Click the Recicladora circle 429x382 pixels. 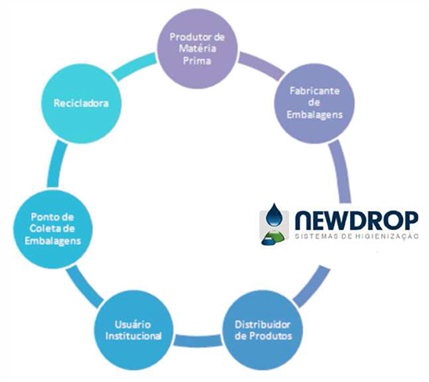coord(82,103)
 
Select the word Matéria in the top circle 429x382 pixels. coord(197,48)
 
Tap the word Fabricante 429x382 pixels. coord(315,91)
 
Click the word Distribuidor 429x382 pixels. coord(263,324)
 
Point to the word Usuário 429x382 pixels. coord(133,324)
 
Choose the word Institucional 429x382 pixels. coord(133,336)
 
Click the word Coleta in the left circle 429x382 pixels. coord(44,228)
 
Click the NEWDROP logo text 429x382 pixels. coord(356,221)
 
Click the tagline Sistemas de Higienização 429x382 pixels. coord(356,236)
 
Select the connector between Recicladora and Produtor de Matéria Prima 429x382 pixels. coord(134,66)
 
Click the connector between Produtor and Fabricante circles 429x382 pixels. coord(261,66)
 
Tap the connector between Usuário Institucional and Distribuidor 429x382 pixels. coord(198,341)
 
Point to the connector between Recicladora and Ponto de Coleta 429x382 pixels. coord(57,164)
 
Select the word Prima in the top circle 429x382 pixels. coord(197,61)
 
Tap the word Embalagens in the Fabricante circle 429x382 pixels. coord(315,115)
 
